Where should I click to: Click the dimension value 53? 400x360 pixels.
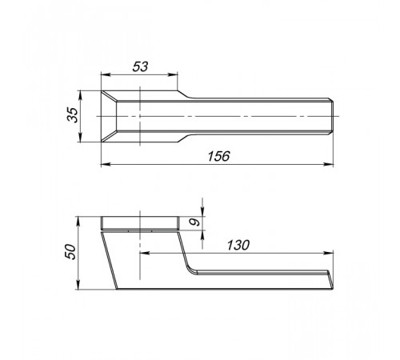coord(140,66)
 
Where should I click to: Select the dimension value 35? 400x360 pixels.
coord(73,114)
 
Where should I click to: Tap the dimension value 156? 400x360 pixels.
coord(218,156)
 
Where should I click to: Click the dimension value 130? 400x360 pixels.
coord(238,245)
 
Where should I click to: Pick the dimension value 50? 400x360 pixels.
coord(71,252)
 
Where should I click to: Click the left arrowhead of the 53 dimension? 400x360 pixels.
coord(106,75)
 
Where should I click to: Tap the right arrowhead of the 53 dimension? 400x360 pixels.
coord(173,75)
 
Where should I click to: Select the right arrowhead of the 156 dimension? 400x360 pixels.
coord(329,165)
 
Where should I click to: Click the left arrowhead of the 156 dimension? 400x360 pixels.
coord(106,165)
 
